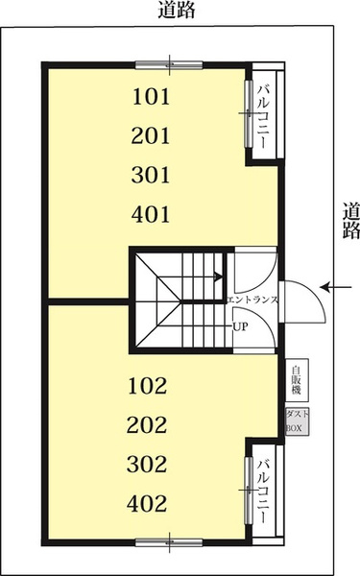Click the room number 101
pos(151,97)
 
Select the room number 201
pos(151,136)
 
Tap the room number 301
pos(151,175)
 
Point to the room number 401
pos(151,214)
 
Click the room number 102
pos(147,386)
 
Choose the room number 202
pos(147,425)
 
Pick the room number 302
pos(147,464)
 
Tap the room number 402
pos(147,503)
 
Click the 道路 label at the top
pos(177,10)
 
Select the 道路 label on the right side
pos(350,221)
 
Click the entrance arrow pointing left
pos(336,287)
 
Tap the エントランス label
pos(252,300)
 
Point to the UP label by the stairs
pos(241,326)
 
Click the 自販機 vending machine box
pos(298,380)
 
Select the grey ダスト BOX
pos(298,421)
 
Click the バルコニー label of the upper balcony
pos(262,116)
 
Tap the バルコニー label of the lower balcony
pos(262,492)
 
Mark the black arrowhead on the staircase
pos(218,276)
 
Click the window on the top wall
pos(169,65)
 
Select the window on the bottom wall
pos(169,542)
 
